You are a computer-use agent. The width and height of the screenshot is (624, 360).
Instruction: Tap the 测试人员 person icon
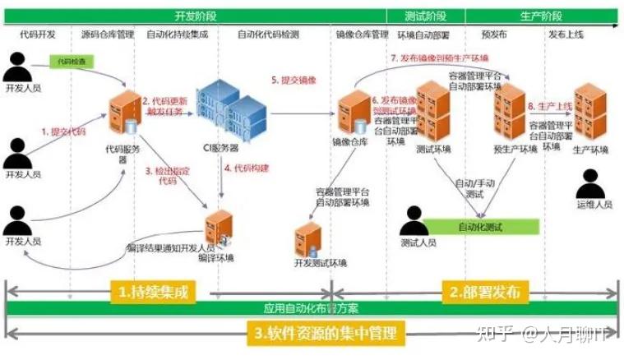418,219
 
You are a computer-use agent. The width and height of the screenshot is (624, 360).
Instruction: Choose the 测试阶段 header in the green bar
426,16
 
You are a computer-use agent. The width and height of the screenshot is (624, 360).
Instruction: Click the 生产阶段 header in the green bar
542,16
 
